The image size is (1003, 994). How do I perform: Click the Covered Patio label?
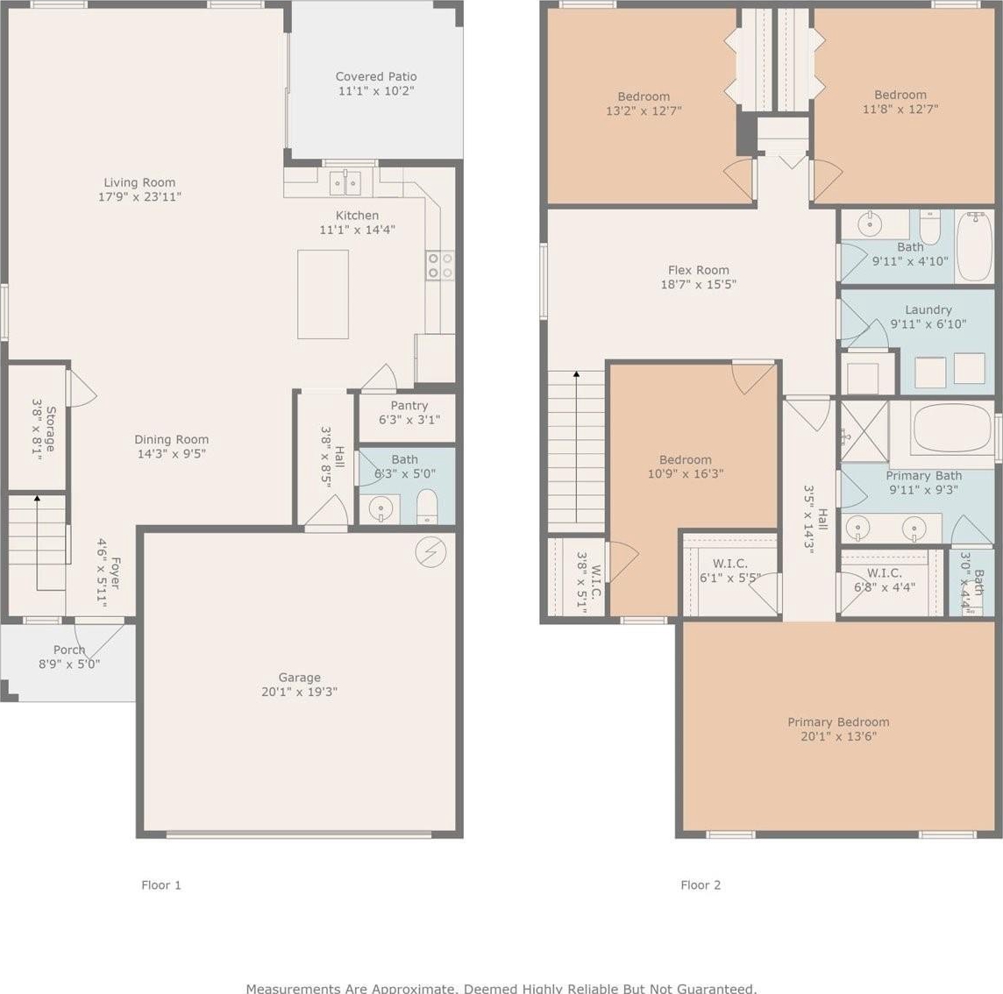click(376, 77)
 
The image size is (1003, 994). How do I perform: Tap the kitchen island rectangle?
click(323, 295)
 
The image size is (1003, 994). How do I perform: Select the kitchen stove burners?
click(440, 266)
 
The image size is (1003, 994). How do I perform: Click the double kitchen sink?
click(345, 183)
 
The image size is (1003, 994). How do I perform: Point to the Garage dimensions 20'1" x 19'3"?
click(299, 692)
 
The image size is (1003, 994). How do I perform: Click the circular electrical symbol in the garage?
click(430, 550)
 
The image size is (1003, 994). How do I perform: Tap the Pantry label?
click(409, 406)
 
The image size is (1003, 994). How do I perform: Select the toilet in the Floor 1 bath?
click(427, 507)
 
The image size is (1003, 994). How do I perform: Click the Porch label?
click(69, 650)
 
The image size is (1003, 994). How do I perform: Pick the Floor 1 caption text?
click(161, 885)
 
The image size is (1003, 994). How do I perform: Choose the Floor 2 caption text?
click(701, 885)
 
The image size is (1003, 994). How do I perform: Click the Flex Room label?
click(699, 270)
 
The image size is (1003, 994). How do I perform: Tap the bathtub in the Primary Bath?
click(952, 428)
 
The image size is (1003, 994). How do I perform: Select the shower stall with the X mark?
click(864, 431)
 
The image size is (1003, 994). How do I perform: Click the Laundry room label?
click(928, 309)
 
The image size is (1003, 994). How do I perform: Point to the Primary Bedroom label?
click(838, 722)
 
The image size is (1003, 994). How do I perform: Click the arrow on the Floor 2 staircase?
click(576, 448)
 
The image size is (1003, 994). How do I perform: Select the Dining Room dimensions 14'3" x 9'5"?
click(172, 453)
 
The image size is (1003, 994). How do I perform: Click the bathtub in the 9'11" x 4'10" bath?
click(975, 247)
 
